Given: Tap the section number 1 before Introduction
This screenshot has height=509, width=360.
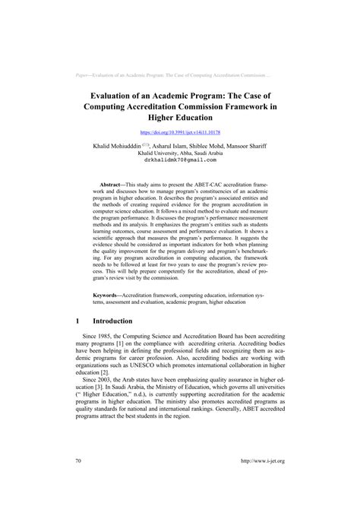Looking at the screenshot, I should click(78, 321).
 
